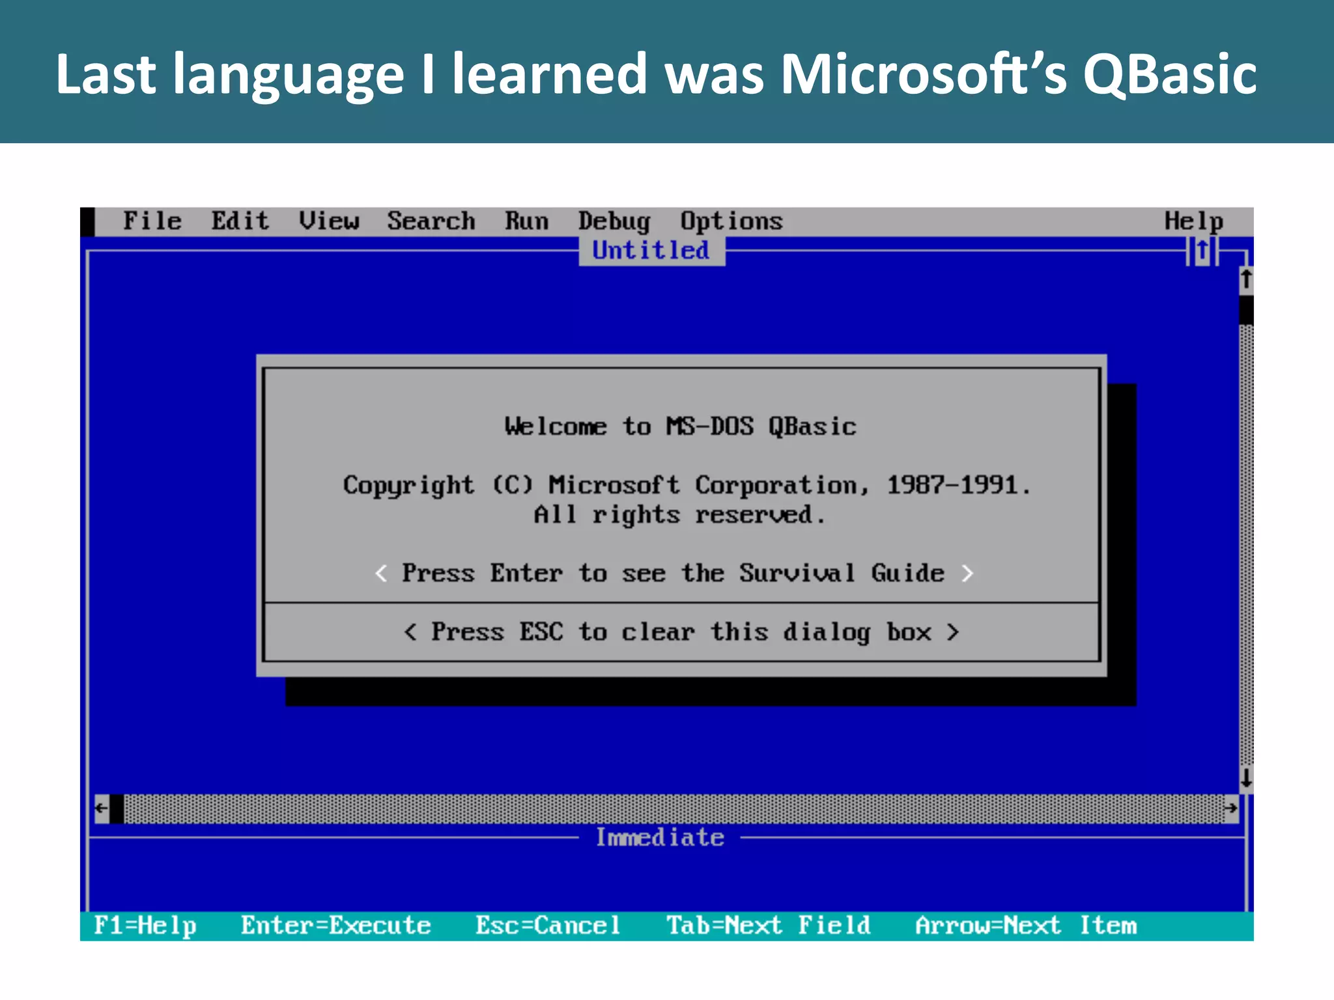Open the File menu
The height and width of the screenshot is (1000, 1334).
152,221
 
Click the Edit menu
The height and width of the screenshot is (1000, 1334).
240,221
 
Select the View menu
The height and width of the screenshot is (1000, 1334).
329,221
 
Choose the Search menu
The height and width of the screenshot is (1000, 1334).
431,221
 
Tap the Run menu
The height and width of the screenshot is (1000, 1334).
526,221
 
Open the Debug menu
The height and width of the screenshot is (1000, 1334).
614,221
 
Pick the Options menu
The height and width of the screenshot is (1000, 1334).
731,221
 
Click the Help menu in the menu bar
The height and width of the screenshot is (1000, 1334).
1194,221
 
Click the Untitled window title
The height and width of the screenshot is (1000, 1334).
651,251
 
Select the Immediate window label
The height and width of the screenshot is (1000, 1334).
660,837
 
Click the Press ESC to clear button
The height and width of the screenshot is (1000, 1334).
681,632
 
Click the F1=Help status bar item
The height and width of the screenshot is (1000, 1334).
145,926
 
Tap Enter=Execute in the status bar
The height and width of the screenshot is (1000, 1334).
335,926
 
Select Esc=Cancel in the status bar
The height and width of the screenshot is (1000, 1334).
547,926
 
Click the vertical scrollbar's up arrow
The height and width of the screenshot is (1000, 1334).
1245,280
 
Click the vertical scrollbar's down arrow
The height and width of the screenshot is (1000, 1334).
1245,778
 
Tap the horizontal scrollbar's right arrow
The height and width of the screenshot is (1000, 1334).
1230,809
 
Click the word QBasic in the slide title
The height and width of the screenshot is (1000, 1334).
1169,74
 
